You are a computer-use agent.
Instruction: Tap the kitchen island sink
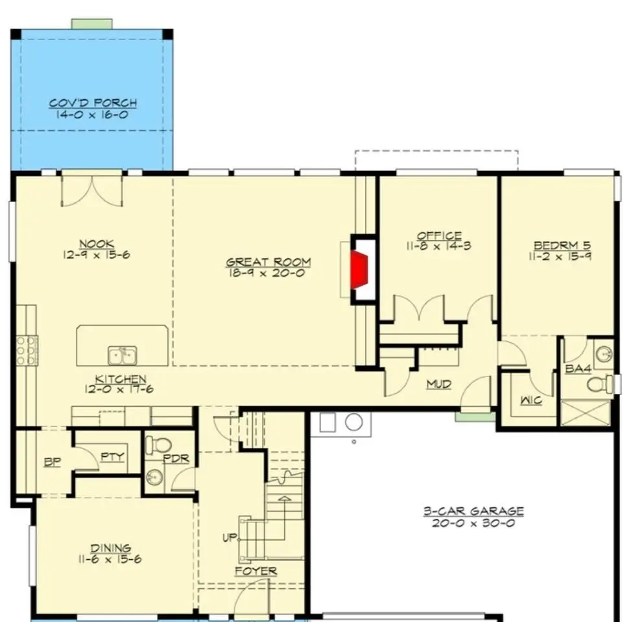pos(123,356)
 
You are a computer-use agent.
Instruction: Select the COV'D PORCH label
pos(93,103)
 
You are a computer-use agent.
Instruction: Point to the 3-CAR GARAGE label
pos(473,511)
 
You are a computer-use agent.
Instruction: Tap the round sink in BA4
pos(604,354)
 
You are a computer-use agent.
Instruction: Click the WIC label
pos(531,400)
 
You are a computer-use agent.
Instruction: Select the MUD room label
pos(438,384)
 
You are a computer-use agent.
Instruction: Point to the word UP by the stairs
pos(230,538)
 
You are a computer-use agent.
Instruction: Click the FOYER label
pos(256,571)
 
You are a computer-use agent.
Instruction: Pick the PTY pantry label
pos(112,457)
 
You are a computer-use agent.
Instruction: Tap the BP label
pos(53,463)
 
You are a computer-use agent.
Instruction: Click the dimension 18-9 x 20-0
pos(267,273)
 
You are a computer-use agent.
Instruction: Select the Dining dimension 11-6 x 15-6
pos(110,559)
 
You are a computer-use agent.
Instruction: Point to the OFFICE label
pos(439,236)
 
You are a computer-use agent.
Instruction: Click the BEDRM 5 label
pos(562,246)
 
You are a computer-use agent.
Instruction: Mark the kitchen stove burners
pos(27,351)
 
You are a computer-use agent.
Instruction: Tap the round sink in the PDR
pos(154,478)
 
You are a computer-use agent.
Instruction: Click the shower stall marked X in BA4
pos(586,412)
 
